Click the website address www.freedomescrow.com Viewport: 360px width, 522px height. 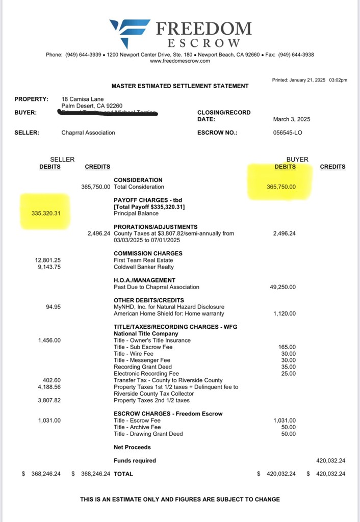[180, 61]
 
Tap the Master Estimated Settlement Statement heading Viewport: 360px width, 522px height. [180, 86]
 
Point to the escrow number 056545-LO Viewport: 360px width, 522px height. [288, 133]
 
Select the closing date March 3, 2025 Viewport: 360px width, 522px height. [292, 119]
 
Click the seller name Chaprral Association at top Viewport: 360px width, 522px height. [88, 133]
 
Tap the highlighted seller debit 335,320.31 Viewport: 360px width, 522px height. [46, 213]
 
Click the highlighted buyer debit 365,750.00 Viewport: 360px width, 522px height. [281, 187]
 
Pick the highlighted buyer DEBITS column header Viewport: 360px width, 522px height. [285, 167]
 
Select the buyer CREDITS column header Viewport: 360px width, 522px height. [332, 167]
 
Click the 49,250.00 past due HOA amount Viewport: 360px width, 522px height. [282, 287]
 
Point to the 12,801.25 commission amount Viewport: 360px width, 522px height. [47, 260]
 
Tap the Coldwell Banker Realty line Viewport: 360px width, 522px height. [143, 267]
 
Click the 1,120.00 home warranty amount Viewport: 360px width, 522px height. [285, 314]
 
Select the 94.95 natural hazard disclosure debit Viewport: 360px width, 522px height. [53, 307]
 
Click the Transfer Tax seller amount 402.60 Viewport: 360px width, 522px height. [52, 380]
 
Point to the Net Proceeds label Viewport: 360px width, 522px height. [132, 447]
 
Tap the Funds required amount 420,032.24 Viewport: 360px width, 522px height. [330, 460]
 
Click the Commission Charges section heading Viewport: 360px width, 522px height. [148, 253]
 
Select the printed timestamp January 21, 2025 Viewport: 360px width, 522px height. [310, 80]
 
